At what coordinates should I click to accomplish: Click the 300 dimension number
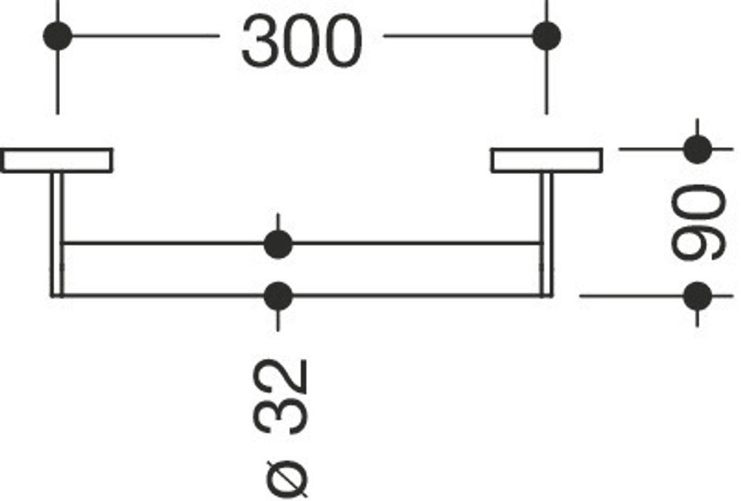(x=302, y=41)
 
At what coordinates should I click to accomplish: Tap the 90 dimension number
(x=698, y=223)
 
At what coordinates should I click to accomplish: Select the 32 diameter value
(x=281, y=396)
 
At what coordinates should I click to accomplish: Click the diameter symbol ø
(x=286, y=478)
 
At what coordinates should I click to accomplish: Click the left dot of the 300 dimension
(x=58, y=36)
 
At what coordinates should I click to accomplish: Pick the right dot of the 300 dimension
(x=547, y=36)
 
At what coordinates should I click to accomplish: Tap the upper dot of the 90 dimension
(x=697, y=149)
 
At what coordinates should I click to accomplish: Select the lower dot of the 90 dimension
(x=697, y=296)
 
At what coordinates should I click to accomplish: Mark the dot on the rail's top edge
(x=278, y=244)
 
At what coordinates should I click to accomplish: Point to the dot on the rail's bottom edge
(x=278, y=296)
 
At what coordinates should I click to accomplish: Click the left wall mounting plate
(x=56, y=161)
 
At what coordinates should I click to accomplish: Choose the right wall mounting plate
(x=547, y=161)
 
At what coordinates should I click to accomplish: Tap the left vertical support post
(x=57, y=235)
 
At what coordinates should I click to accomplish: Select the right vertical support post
(x=547, y=235)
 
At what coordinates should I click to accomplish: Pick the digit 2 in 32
(x=281, y=377)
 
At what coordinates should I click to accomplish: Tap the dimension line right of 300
(x=465, y=36)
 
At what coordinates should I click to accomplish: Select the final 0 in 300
(x=342, y=41)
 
